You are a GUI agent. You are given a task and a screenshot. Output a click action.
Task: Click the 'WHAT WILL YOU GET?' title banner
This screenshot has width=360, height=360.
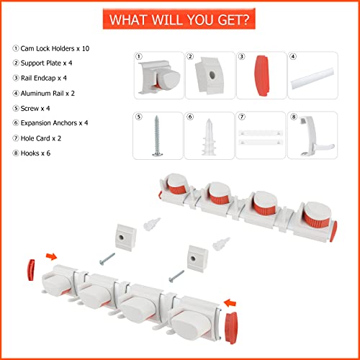[179, 19]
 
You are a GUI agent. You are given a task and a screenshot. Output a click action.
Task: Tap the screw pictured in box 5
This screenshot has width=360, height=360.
[157, 136]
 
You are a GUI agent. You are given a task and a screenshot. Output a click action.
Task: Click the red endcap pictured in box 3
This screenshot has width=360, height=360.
[262, 76]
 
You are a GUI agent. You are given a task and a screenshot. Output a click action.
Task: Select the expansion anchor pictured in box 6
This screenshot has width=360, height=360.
[209, 137]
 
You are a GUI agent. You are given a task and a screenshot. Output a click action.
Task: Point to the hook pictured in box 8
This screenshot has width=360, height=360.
[312, 136]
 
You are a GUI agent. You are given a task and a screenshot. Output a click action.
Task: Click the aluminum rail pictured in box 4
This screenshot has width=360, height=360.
[312, 78]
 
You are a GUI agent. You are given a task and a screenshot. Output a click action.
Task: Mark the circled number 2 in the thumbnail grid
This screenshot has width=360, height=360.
[190, 56]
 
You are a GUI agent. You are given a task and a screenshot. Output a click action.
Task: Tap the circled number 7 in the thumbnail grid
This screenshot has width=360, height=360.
[242, 117]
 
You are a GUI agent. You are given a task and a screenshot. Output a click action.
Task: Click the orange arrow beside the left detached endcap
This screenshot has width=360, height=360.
[52, 256]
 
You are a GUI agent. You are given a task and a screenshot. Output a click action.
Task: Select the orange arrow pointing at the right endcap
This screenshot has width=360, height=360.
[230, 303]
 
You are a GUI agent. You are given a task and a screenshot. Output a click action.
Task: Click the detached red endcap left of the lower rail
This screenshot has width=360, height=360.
[31, 270]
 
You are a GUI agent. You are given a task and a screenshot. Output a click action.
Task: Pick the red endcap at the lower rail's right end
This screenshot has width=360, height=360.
[231, 328]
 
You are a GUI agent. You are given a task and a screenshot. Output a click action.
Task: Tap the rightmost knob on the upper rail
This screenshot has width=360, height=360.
[318, 215]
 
